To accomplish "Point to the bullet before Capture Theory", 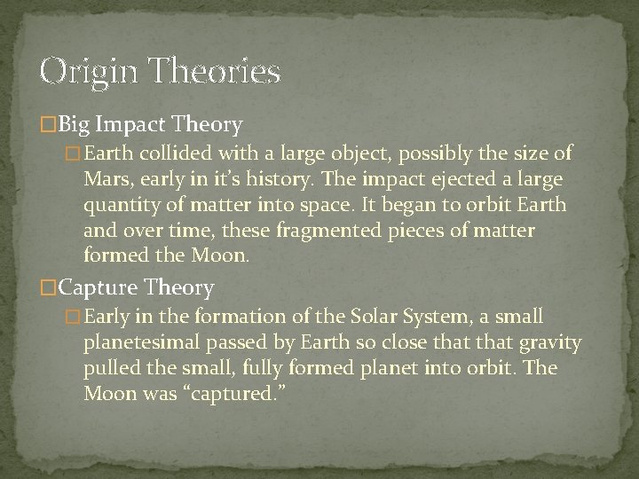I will pos(49,288).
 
